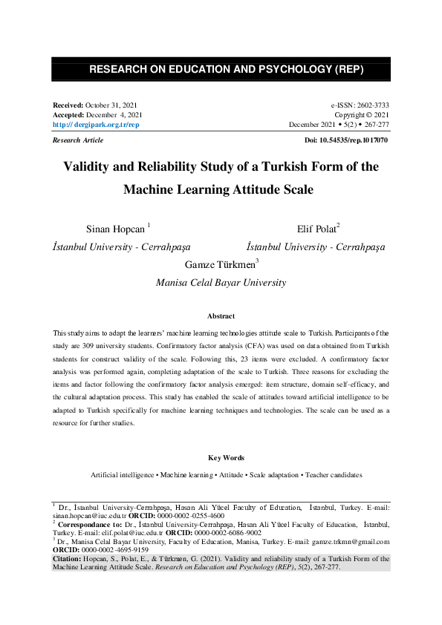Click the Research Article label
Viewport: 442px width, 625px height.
[78, 140]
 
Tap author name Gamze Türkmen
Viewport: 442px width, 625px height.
[219, 264]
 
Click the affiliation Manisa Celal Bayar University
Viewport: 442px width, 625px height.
[221, 282]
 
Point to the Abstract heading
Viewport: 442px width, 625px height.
[221, 315]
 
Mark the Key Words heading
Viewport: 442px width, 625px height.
[221, 457]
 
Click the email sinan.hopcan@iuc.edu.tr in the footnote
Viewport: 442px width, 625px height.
[85, 514]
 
